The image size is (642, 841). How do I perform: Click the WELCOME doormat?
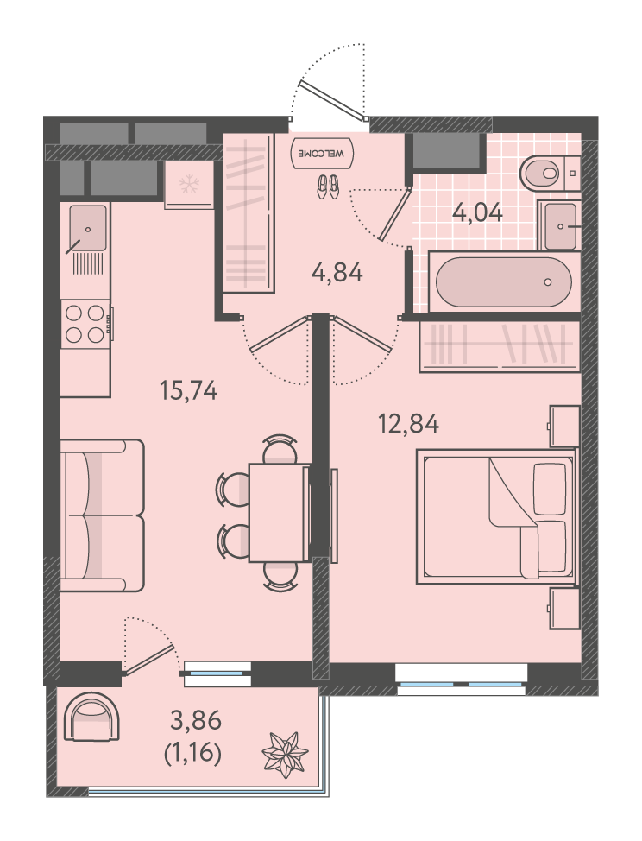[x=322, y=153]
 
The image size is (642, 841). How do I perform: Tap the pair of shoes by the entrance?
[x=327, y=187]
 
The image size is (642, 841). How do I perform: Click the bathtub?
[x=504, y=282]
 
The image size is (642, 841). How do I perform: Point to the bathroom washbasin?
[x=559, y=226]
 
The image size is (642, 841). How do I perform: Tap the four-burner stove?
[x=85, y=324]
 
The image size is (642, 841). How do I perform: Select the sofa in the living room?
[x=102, y=515]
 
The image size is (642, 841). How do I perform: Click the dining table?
[x=280, y=513]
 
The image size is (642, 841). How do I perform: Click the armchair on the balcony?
[x=91, y=717]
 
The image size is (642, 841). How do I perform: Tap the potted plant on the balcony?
[x=285, y=755]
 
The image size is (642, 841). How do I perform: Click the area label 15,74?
[x=189, y=390]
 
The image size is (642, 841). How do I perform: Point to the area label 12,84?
[x=408, y=424]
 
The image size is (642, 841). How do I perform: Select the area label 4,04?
[x=478, y=213]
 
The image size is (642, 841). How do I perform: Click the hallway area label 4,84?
[x=337, y=273]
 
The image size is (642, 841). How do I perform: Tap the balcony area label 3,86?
[x=196, y=720]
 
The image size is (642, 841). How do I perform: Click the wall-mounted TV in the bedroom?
[x=334, y=515]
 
